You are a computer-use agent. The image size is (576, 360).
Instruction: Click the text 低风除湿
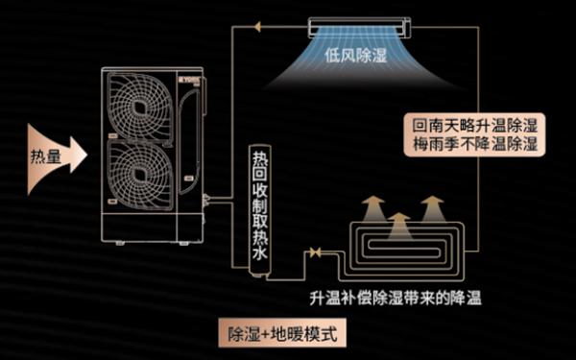click(x=356, y=56)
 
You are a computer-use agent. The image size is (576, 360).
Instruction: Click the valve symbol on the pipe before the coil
click(x=313, y=253)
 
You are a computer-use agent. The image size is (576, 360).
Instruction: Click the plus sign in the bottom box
click(x=266, y=336)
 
